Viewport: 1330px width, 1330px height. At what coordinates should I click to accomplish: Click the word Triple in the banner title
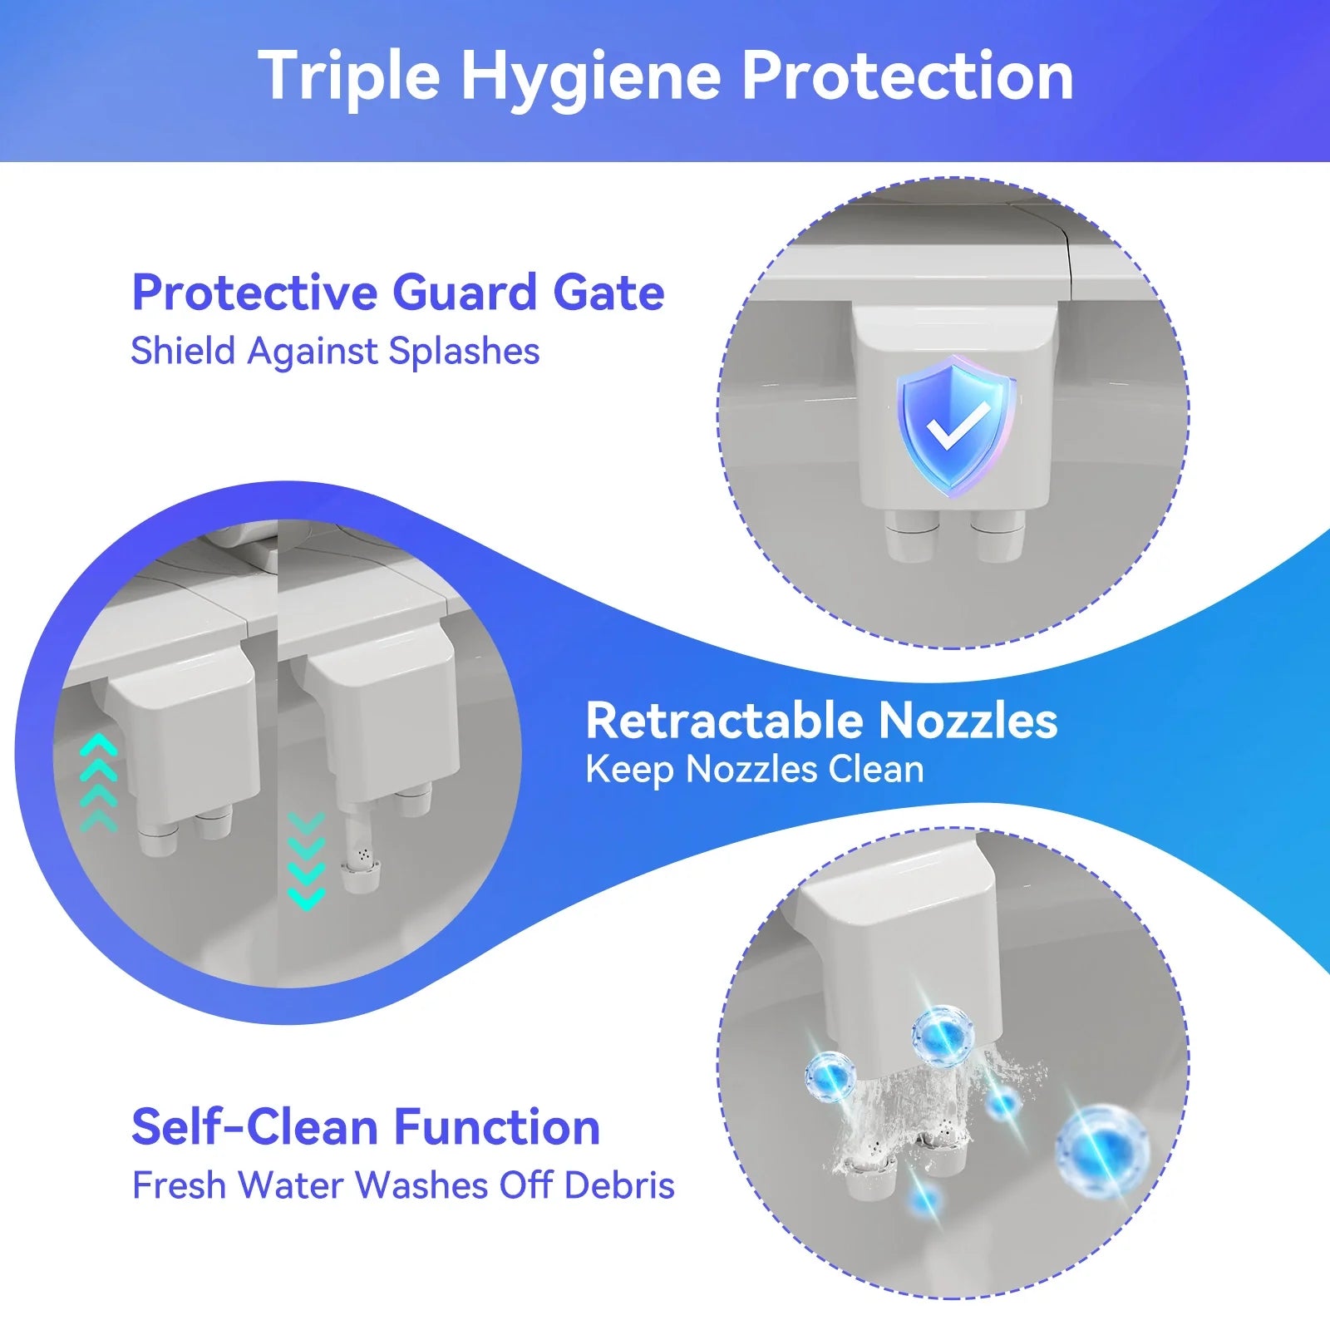coord(348,76)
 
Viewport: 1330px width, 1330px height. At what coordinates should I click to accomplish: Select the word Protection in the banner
coord(907,76)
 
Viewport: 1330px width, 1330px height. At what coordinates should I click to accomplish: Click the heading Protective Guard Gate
coord(397,293)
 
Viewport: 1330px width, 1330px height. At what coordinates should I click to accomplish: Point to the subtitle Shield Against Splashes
coord(335,351)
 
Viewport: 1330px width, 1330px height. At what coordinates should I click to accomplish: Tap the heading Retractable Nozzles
coord(821,720)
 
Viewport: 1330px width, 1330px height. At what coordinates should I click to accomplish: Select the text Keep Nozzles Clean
coord(754,770)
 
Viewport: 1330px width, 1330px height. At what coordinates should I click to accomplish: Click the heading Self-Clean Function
coord(366,1127)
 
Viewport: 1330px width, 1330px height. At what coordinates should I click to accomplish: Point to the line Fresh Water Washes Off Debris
coord(403,1185)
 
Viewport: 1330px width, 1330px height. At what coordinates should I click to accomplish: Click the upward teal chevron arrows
coord(99,782)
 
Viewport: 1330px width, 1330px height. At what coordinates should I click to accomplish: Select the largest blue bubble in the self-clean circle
coord(1101,1151)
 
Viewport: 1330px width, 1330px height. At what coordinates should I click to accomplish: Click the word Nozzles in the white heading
coord(968,720)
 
